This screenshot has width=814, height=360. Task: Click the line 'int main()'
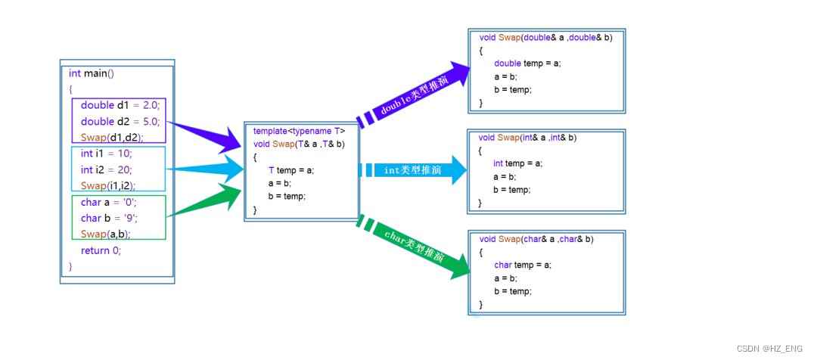pos(91,73)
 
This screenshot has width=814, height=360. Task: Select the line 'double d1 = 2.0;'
pos(120,105)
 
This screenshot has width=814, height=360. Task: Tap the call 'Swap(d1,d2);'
pos(112,138)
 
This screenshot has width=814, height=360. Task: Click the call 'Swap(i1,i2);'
pos(107,186)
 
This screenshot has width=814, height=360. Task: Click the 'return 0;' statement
pos(101,250)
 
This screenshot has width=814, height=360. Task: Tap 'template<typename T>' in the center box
pos(299,131)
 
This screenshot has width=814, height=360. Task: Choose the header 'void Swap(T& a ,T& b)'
pos(299,144)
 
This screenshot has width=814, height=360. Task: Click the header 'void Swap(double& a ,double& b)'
pos(545,37)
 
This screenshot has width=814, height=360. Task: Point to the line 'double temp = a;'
pos(527,64)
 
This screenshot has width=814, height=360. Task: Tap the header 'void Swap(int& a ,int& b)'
pos(527,138)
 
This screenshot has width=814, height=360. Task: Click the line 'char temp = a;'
pos(523,265)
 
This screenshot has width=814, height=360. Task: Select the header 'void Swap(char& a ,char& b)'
pos(536,239)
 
